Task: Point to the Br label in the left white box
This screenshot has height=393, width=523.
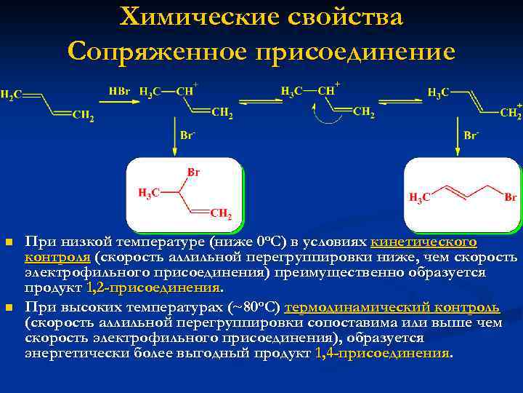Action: tap(194, 172)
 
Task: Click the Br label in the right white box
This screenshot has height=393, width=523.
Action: tap(510, 196)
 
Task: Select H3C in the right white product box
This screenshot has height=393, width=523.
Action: tap(420, 197)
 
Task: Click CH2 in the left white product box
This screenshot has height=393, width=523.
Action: tap(221, 215)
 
